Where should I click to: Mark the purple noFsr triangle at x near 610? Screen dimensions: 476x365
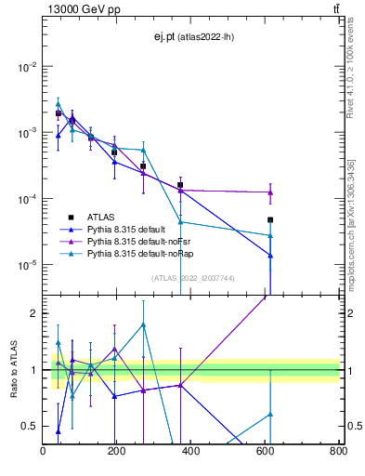click(x=270, y=192)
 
